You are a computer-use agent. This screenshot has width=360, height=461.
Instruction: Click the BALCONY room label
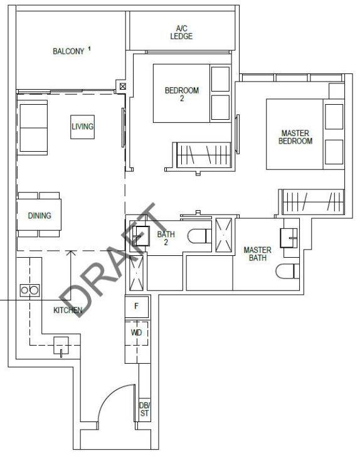pyautogui.click(x=68, y=51)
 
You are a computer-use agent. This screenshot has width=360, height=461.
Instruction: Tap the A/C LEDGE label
pyautogui.click(x=182, y=33)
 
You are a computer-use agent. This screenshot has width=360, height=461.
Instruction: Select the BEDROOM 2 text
pyautogui.click(x=182, y=94)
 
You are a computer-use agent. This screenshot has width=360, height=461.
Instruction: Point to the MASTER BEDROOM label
pyautogui.click(x=295, y=137)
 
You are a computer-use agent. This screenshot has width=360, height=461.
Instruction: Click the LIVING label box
pyautogui.click(x=83, y=127)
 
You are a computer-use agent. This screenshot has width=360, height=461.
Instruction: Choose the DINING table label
pyautogui.click(x=40, y=216)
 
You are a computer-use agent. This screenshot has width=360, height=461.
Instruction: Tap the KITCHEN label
pyautogui.click(x=68, y=310)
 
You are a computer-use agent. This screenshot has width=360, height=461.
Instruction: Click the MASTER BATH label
pyautogui.click(x=258, y=254)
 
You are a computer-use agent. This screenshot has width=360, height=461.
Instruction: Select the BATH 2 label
pyautogui.click(x=166, y=238)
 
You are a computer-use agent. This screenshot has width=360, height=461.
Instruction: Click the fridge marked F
pyautogui.click(x=137, y=306)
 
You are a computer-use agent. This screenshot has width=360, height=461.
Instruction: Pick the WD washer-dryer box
pyautogui.click(x=136, y=332)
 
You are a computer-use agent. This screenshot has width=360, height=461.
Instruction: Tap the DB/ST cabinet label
pyautogui.click(x=144, y=409)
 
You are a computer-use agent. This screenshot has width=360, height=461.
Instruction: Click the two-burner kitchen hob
pyautogui.click(x=29, y=290)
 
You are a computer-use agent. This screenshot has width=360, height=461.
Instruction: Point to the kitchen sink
pyautogui.click(x=61, y=346)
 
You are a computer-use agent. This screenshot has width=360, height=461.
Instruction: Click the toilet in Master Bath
pyautogui.click(x=287, y=271)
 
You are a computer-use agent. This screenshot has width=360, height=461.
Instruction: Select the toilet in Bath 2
pyautogui.click(x=199, y=236)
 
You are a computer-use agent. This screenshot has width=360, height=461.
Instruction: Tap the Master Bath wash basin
pyautogui.click(x=289, y=238)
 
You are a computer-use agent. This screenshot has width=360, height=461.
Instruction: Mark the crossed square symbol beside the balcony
pyautogui.click(x=123, y=87)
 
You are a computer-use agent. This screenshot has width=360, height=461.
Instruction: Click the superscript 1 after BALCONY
pyautogui.click(x=89, y=49)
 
